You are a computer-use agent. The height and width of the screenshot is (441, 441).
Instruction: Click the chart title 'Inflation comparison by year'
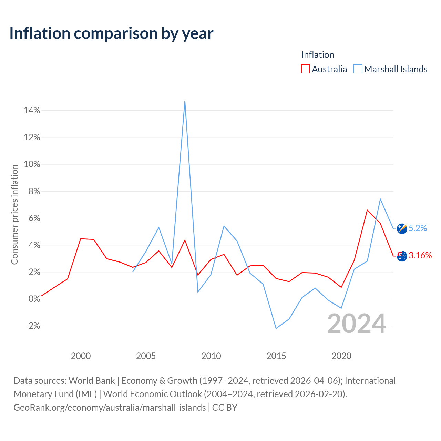point(111,33)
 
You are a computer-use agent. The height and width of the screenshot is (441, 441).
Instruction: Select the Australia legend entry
point(324,69)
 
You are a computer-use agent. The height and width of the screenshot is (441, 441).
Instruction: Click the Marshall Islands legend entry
point(391,69)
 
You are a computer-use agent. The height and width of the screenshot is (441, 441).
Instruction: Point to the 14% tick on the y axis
point(32,111)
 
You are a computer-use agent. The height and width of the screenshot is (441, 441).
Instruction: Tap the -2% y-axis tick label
point(33,326)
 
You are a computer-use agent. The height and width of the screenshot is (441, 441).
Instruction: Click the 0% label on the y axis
point(34,299)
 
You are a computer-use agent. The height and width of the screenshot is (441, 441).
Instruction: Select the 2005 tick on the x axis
point(146,356)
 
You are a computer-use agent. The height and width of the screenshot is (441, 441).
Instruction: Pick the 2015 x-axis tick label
point(276,356)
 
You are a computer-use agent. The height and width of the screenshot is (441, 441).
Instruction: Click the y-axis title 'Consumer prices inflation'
point(14,215)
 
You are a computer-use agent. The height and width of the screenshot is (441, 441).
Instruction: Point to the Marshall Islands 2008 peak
point(185,101)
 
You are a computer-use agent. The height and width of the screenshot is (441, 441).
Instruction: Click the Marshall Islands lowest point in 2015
point(276,328)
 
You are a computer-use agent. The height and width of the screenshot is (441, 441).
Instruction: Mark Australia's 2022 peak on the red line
point(367,210)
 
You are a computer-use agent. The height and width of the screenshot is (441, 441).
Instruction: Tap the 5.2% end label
point(418,228)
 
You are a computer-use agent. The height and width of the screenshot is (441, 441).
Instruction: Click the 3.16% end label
point(420,255)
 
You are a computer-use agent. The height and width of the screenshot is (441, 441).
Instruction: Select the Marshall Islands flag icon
point(402,228)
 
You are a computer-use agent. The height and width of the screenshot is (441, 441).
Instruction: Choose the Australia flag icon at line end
point(402,256)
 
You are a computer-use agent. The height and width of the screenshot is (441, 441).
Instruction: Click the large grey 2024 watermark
point(356,324)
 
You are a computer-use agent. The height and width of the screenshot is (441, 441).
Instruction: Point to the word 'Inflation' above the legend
point(317,55)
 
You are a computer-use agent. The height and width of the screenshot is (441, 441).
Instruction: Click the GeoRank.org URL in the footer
point(110,408)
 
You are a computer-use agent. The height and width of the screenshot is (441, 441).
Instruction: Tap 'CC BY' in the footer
point(225,408)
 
